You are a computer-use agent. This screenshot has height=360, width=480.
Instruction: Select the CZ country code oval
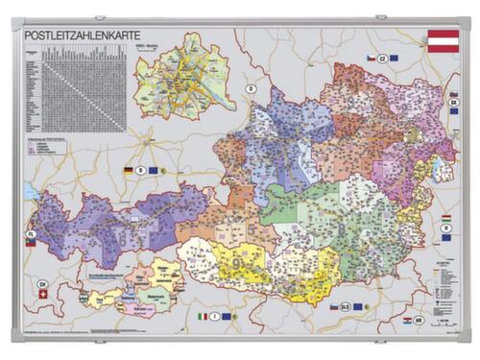[381, 59]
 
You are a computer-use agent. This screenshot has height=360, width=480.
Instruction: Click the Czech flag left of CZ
[368, 59]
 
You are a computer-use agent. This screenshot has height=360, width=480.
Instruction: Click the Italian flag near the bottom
[203, 316]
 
